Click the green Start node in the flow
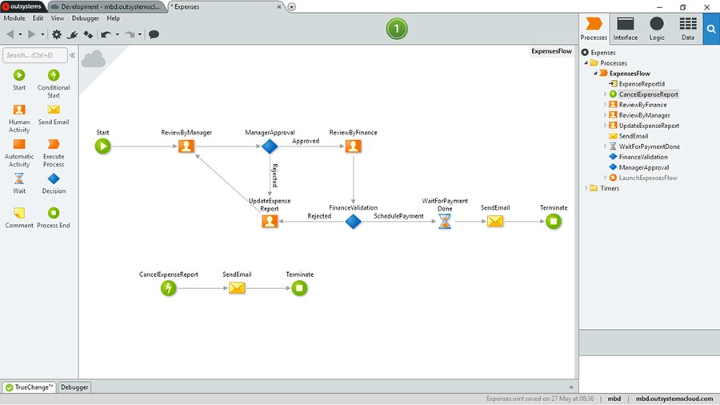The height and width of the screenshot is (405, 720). [102, 146]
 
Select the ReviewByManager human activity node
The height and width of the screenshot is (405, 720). [186, 146]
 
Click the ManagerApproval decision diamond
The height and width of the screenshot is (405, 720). [270, 146]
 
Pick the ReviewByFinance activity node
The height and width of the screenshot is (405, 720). [353, 146]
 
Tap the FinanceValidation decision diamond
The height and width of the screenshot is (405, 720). [353, 221]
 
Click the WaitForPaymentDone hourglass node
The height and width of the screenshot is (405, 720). [445, 222]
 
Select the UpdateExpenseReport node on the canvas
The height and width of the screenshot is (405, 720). [270, 222]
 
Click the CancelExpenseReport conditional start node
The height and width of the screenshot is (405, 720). [168, 288]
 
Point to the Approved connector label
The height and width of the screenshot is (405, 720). [306, 141]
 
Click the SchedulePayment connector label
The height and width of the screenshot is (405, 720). [398, 216]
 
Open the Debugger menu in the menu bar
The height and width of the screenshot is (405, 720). [86, 18]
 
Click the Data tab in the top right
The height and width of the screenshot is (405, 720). [687, 28]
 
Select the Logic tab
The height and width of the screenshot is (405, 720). [656, 28]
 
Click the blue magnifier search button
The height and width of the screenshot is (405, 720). [711, 28]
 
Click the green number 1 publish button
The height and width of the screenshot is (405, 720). [397, 30]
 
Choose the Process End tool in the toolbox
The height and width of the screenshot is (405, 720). [54, 216]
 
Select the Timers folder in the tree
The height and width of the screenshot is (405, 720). [609, 188]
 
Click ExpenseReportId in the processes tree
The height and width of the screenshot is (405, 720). [641, 84]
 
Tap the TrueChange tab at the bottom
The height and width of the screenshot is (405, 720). [29, 387]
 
